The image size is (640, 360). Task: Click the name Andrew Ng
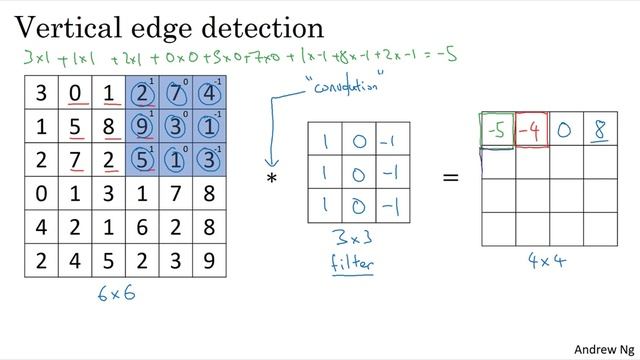tap(604, 349)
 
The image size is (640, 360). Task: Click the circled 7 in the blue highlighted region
tap(177, 96)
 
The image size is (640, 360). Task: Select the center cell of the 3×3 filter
tap(359, 172)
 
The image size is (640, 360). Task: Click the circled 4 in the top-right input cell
tap(210, 96)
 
